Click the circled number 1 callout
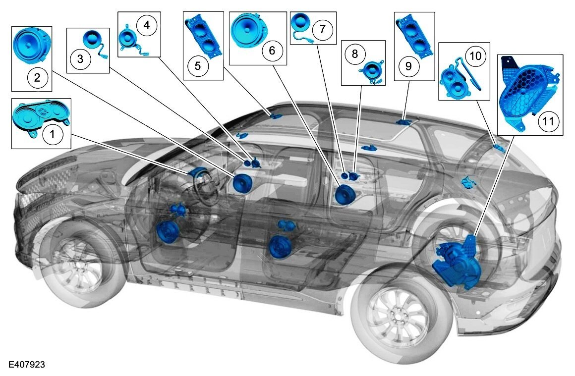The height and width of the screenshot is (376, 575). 52,134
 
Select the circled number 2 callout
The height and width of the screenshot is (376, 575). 37,78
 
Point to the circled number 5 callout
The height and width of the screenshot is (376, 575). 198,66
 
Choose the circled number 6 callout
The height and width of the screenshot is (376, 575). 272,50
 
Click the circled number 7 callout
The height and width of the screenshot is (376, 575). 322,29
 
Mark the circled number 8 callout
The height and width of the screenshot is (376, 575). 354,54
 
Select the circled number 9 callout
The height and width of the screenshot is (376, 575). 408,66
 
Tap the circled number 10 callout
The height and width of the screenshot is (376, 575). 475,56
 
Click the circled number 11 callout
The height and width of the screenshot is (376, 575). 548,121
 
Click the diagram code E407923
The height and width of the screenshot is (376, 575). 26,364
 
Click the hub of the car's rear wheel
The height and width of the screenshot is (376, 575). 399,315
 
